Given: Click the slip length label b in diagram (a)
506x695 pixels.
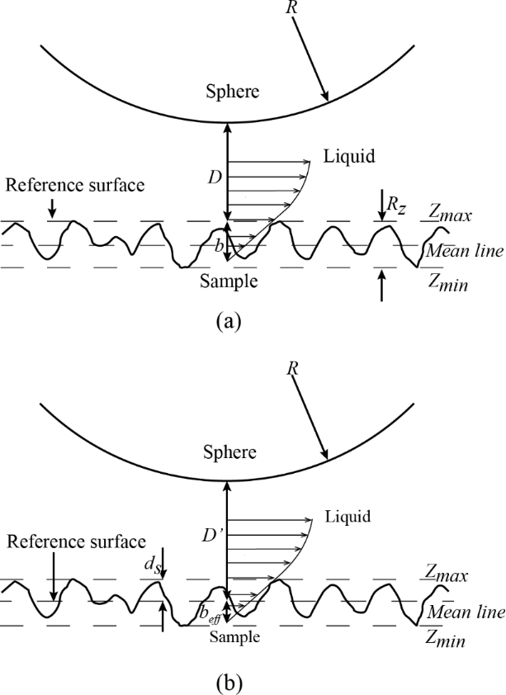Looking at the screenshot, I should pyautogui.click(x=218, y=246).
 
